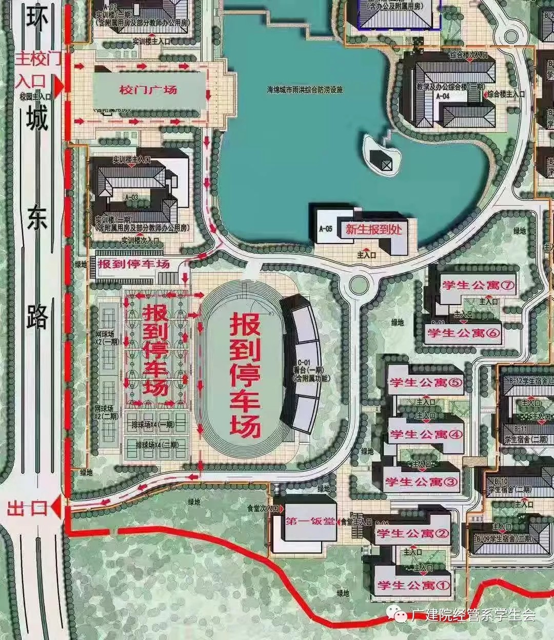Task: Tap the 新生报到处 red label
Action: [373, 229]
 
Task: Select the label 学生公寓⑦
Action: [478, 285]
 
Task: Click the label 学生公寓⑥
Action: [463, 333]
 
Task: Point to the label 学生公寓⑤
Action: [426, 383]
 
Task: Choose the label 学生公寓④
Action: [426, 434]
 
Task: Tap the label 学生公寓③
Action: [421, 482]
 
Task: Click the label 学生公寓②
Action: [413, 534]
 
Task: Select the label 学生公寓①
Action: [413, 585]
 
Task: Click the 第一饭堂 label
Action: [310, 522]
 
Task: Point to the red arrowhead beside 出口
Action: [56, 508]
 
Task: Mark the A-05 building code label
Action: [326, 229]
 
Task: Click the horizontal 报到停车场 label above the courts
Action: [133, 265]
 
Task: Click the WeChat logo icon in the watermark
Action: [398, 614]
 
